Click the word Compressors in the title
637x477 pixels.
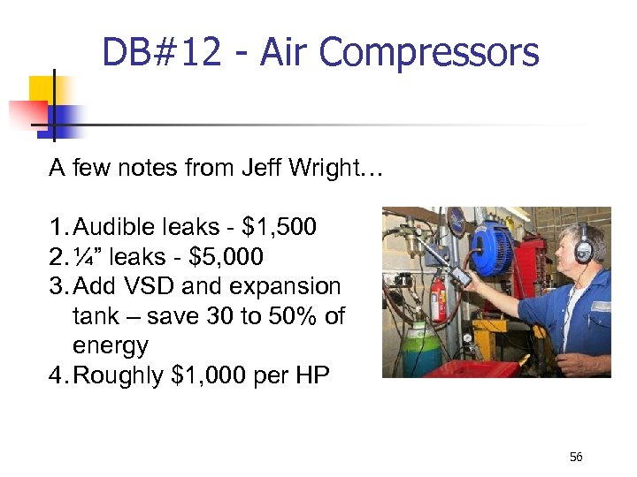(428, 53)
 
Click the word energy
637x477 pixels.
(111, 344)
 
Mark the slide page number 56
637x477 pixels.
(576, 456)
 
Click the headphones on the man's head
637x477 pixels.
(581, 244)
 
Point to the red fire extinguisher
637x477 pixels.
(437, 300)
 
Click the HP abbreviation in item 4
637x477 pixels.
(312, 375)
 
